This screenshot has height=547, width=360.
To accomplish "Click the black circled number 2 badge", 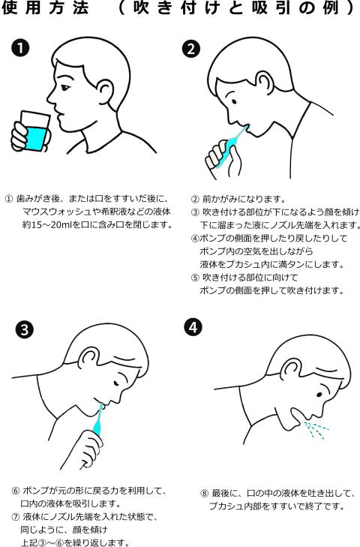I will click(191, 49).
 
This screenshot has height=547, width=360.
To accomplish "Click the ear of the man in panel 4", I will click(290, 370).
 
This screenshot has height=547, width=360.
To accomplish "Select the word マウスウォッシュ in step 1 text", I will click(56, 212).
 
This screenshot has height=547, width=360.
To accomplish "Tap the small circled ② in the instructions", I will click(195, 200).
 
